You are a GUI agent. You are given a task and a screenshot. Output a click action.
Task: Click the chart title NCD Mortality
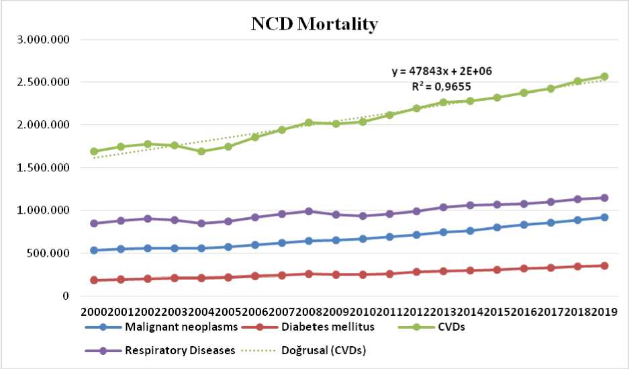point(314,24)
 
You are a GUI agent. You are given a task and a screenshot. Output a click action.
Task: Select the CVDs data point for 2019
point(604,77)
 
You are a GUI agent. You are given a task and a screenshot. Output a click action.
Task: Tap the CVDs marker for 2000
point(94,151)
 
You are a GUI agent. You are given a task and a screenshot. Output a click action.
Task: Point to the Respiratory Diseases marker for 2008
point(309,211)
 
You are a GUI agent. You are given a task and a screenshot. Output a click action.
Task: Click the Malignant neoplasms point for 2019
point(604,217)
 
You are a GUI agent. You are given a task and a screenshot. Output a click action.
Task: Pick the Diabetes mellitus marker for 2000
point(94,280)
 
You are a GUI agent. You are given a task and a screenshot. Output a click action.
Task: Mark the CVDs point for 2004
point(201,151)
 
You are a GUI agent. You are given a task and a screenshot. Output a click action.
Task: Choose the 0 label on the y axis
point(65,296)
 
